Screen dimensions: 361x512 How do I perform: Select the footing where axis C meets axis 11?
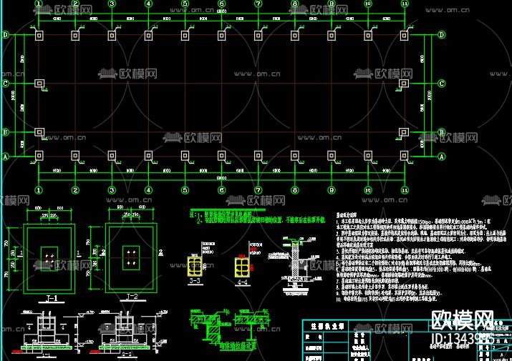(405, 84)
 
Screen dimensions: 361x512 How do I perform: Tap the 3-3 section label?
(195, 282)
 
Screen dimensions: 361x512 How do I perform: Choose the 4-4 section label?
(242, 282)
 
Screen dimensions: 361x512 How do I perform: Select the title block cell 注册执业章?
(324, 323)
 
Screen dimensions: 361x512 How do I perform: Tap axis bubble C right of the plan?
(442, 84)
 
